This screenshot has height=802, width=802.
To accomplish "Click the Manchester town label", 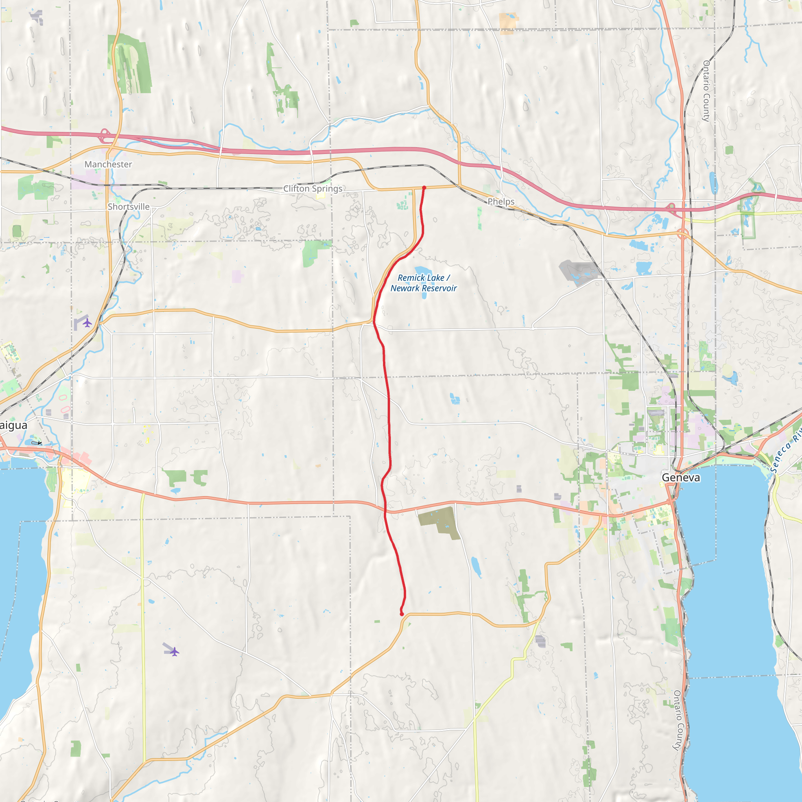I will pyautogui.click(x=108, y=164).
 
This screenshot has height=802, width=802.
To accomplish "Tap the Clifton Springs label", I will pyautogui.click(x=312, y=188).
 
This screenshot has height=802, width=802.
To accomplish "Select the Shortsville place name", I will pyautogui.click(x=129, y=207).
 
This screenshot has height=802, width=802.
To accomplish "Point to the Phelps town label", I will pyautogui.click(x=501, y=202).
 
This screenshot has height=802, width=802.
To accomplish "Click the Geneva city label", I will pyautogui.click(x=681, y=477).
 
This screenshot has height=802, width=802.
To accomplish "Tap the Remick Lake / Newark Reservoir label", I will pyautogui.click(x=423, y=283).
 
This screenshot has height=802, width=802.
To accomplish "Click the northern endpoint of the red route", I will pyautogui.click(x=424, y=188).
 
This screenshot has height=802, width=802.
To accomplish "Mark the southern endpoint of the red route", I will pyautogui.click(x=402, y=614).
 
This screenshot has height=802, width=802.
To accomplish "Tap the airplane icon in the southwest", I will pyautogui.click(x=174, y=651).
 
